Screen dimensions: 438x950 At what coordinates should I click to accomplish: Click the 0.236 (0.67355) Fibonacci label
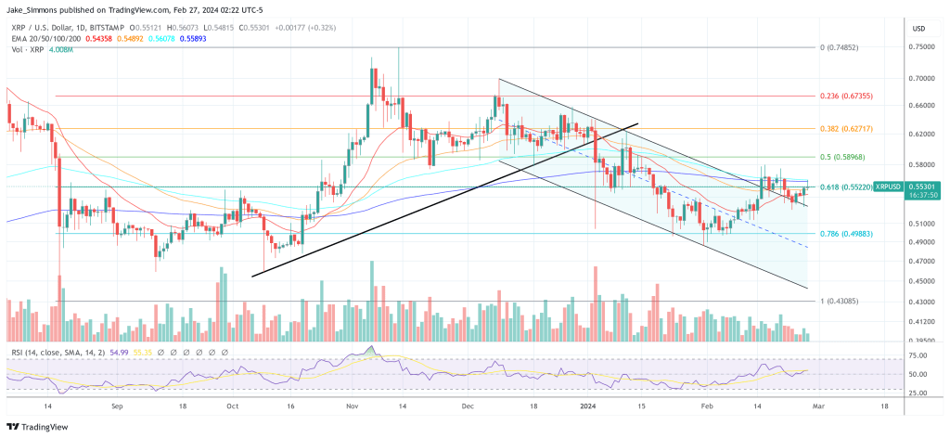point(846,96)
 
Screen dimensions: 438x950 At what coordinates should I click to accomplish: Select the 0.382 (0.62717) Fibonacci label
point(846,128)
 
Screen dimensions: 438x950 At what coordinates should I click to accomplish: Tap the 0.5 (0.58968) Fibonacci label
point(841,157)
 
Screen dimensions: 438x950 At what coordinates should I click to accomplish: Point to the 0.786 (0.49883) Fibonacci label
point(846,234)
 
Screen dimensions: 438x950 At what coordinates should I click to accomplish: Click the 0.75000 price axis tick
point(922,47)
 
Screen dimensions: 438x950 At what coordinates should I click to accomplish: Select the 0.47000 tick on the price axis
point(922,262)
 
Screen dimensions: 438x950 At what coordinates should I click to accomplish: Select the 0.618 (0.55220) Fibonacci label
point(846,187)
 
